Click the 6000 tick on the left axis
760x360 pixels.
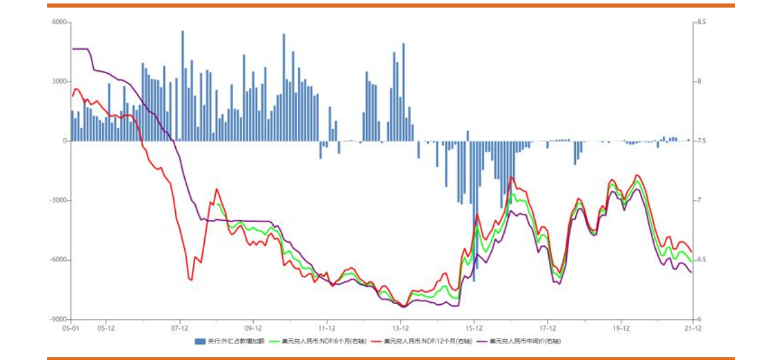click(59, 22)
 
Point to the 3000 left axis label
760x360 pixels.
click(59, 81)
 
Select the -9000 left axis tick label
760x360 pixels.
click(59, 319)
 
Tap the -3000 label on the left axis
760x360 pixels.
click(59, 201)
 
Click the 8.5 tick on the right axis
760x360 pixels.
click(701, 22)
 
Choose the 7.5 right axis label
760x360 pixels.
click(701, 141)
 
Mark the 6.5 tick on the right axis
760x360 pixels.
click(701, 260)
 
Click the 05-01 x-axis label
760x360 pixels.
click(70, 328)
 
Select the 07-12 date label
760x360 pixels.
click(180, 328)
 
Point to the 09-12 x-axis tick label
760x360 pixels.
click(253, 328)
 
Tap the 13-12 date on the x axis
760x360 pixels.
click(400, 328)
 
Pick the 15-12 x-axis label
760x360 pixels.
click(474, 328)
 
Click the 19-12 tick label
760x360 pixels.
click(621, 328)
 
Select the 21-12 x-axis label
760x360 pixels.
click(693, 328)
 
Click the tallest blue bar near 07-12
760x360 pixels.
click(183, 83)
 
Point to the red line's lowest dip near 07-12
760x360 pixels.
click(191, 279)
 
